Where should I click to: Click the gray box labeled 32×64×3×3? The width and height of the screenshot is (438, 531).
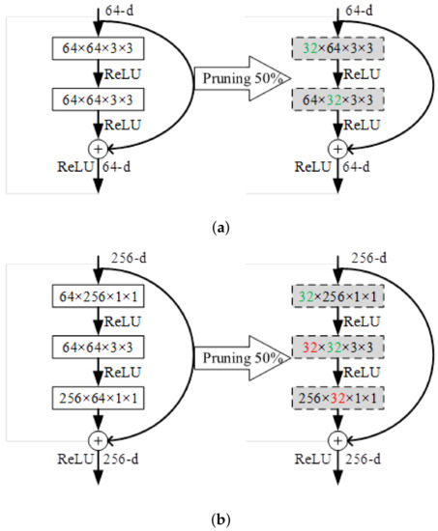click(336, 47)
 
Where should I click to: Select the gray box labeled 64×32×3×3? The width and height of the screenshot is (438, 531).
click(336, 98)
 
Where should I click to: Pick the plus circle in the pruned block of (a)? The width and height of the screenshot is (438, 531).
click(336, 149)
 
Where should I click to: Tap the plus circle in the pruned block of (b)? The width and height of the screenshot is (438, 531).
click(336, 438)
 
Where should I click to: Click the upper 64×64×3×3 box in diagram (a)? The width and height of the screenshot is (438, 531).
click(99, 47)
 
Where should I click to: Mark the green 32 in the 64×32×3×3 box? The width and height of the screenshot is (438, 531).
click(328, 98)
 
